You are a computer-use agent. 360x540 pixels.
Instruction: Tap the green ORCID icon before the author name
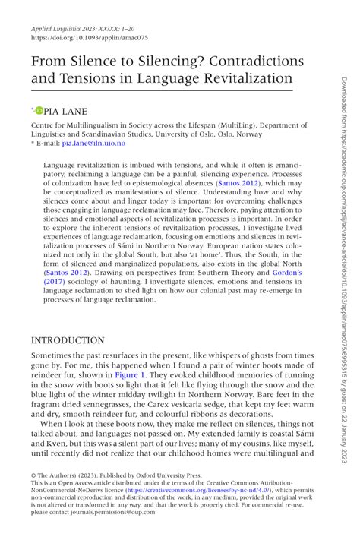pos(39,112)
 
